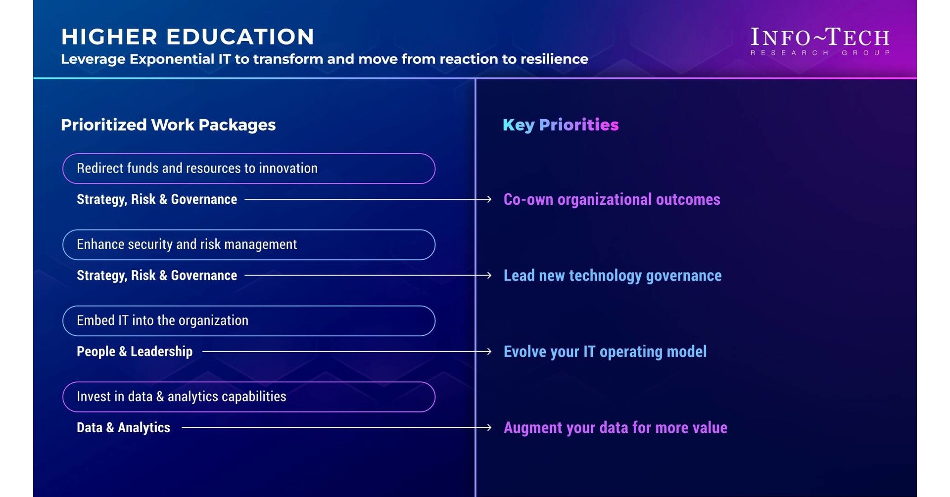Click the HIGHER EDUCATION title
pyautogui.click(x=188, y=37)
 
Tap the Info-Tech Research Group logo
pyautogui.click(x=820, y=41)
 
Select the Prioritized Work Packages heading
pyautogui.click(x=168, y=125)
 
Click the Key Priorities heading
pyautogui.click(x=561, y=125)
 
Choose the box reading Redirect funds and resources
pyautogui.click(x=248, y=169)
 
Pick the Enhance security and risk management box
pyautogui.click(x=248, y=245)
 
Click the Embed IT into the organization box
pyautogui.click(x=248, y=321)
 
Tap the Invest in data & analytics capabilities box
pyautogui.click(x=248, y=397)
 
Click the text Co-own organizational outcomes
pyautogui.click(x=612, y=199)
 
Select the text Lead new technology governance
pyautogui.click(x=613, y=275)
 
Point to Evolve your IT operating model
pyautogui.click(x=605, y=352)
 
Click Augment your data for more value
pyautogui.click(x=616, y=428)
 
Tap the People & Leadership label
pyautogui.click(x=135, y=352)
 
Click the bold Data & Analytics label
pyautogui.click(x=123, y=428)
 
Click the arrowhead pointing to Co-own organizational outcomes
pyautogui.click(x=489, y=199)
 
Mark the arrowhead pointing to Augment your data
pyautogui.click(x=489, y=428)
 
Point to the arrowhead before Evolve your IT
pyautogui.click(x=489, y=352)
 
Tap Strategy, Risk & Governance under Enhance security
pyautogui.click(x=157, y=275)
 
